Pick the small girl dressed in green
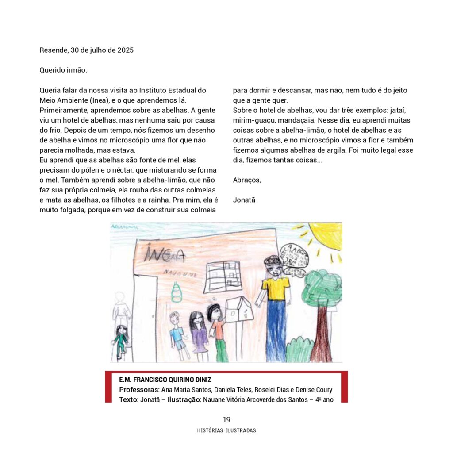(x=120, y=341)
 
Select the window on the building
(x=223, y=274)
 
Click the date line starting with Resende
(x=86, y=50)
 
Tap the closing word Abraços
(x=247, y=180)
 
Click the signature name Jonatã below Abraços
(x=244, y=200)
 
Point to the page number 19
(x=226, y=420)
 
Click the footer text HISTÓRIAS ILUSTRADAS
(x=226, y=430)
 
